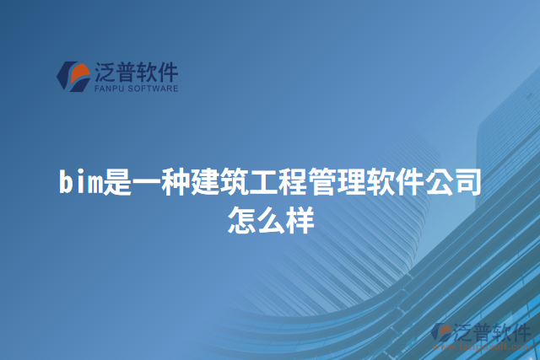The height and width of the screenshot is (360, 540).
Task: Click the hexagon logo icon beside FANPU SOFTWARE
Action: pyautogui.click(x=73, y=76)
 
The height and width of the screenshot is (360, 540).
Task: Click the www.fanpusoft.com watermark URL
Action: pyautogui.click(x=481, y=344)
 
